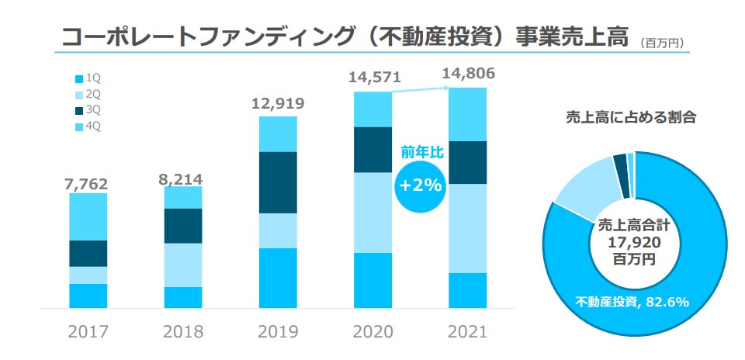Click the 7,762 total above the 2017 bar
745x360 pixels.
(87, 184)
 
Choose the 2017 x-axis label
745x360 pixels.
(88, 332)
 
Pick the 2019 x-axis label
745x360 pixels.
(278, 332)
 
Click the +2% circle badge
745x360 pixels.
(421, 187)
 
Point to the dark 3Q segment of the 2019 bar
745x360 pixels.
(278, 182)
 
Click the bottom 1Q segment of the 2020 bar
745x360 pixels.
(373, 280)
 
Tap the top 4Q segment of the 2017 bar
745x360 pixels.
(88, 216)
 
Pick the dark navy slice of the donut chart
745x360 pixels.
(619, 161)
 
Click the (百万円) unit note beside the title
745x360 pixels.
(663, 43)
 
